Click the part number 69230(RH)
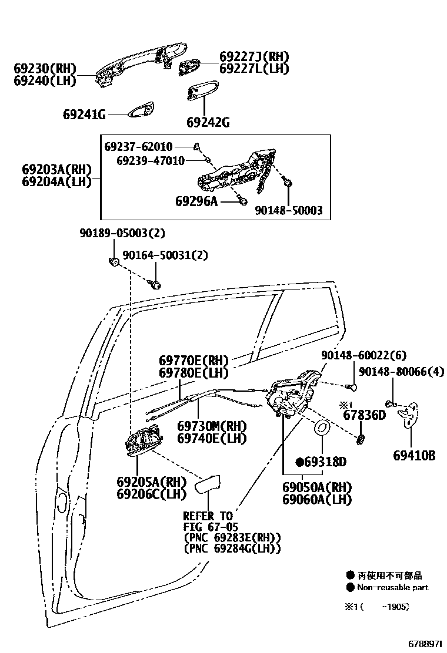pos(45,69)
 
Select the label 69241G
pos(84,115)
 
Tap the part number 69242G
pos(208,123)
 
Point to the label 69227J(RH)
pos(255,57)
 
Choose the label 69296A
pos(196,201)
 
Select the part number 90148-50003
pos(289,210)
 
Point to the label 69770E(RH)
pos(194,360)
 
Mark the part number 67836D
pos(364,416)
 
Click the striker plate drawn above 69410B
pos(410,415)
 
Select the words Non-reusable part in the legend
pos(393,587)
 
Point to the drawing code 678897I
pos(422,644)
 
